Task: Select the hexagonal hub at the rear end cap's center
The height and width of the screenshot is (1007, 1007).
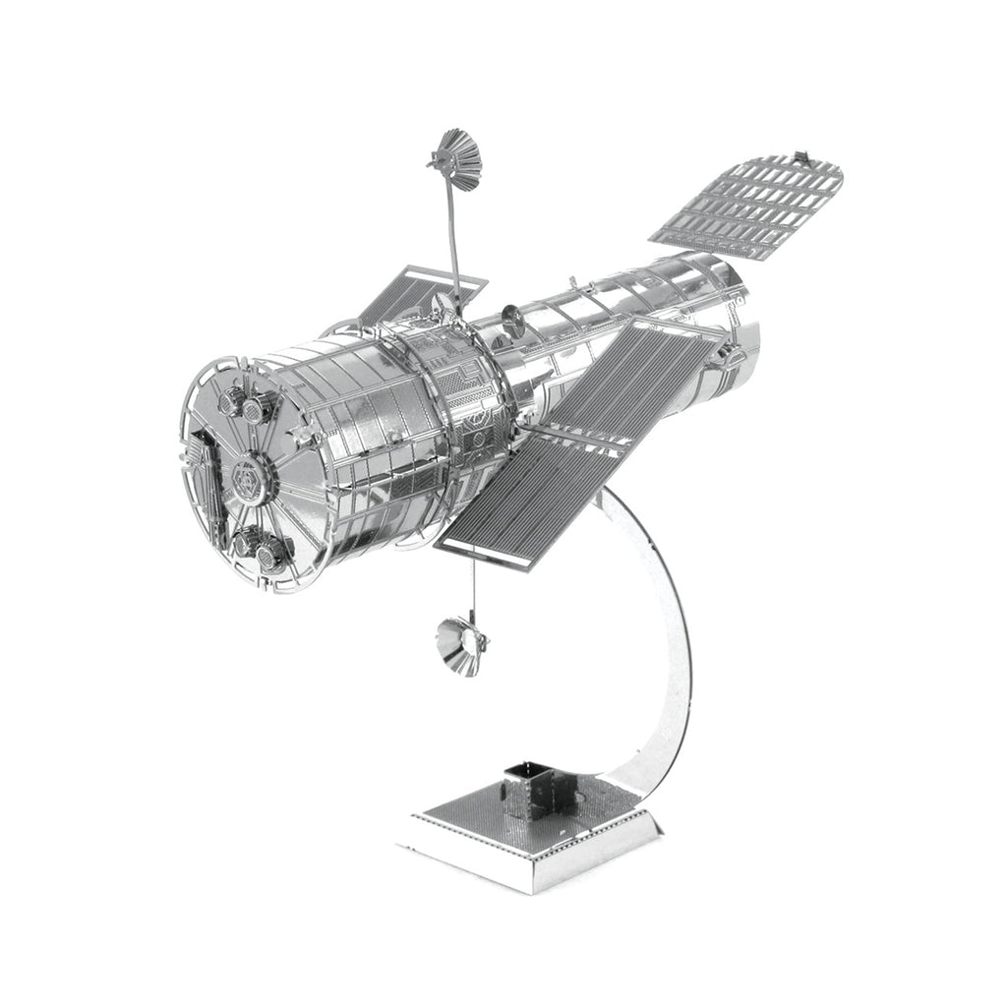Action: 245,478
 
